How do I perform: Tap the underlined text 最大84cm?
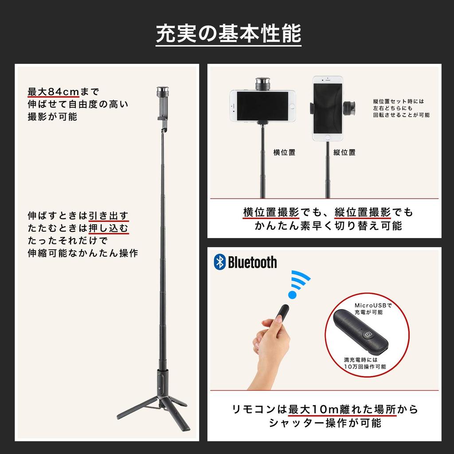coord(53,92)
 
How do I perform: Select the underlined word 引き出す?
coord(109,216)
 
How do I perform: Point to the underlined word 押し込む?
coord(109,228)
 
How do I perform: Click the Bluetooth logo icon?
coord(219,262)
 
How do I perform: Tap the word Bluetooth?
coord(252,262)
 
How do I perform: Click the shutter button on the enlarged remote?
coord(368,335)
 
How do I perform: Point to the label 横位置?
coord(284,153)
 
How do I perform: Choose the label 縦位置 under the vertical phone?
coord(344,153)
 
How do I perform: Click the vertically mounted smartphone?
coord(328,108)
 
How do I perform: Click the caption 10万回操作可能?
coord(365,367)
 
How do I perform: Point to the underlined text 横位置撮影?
coord(271,212)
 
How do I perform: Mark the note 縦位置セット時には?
coord(399,101)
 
